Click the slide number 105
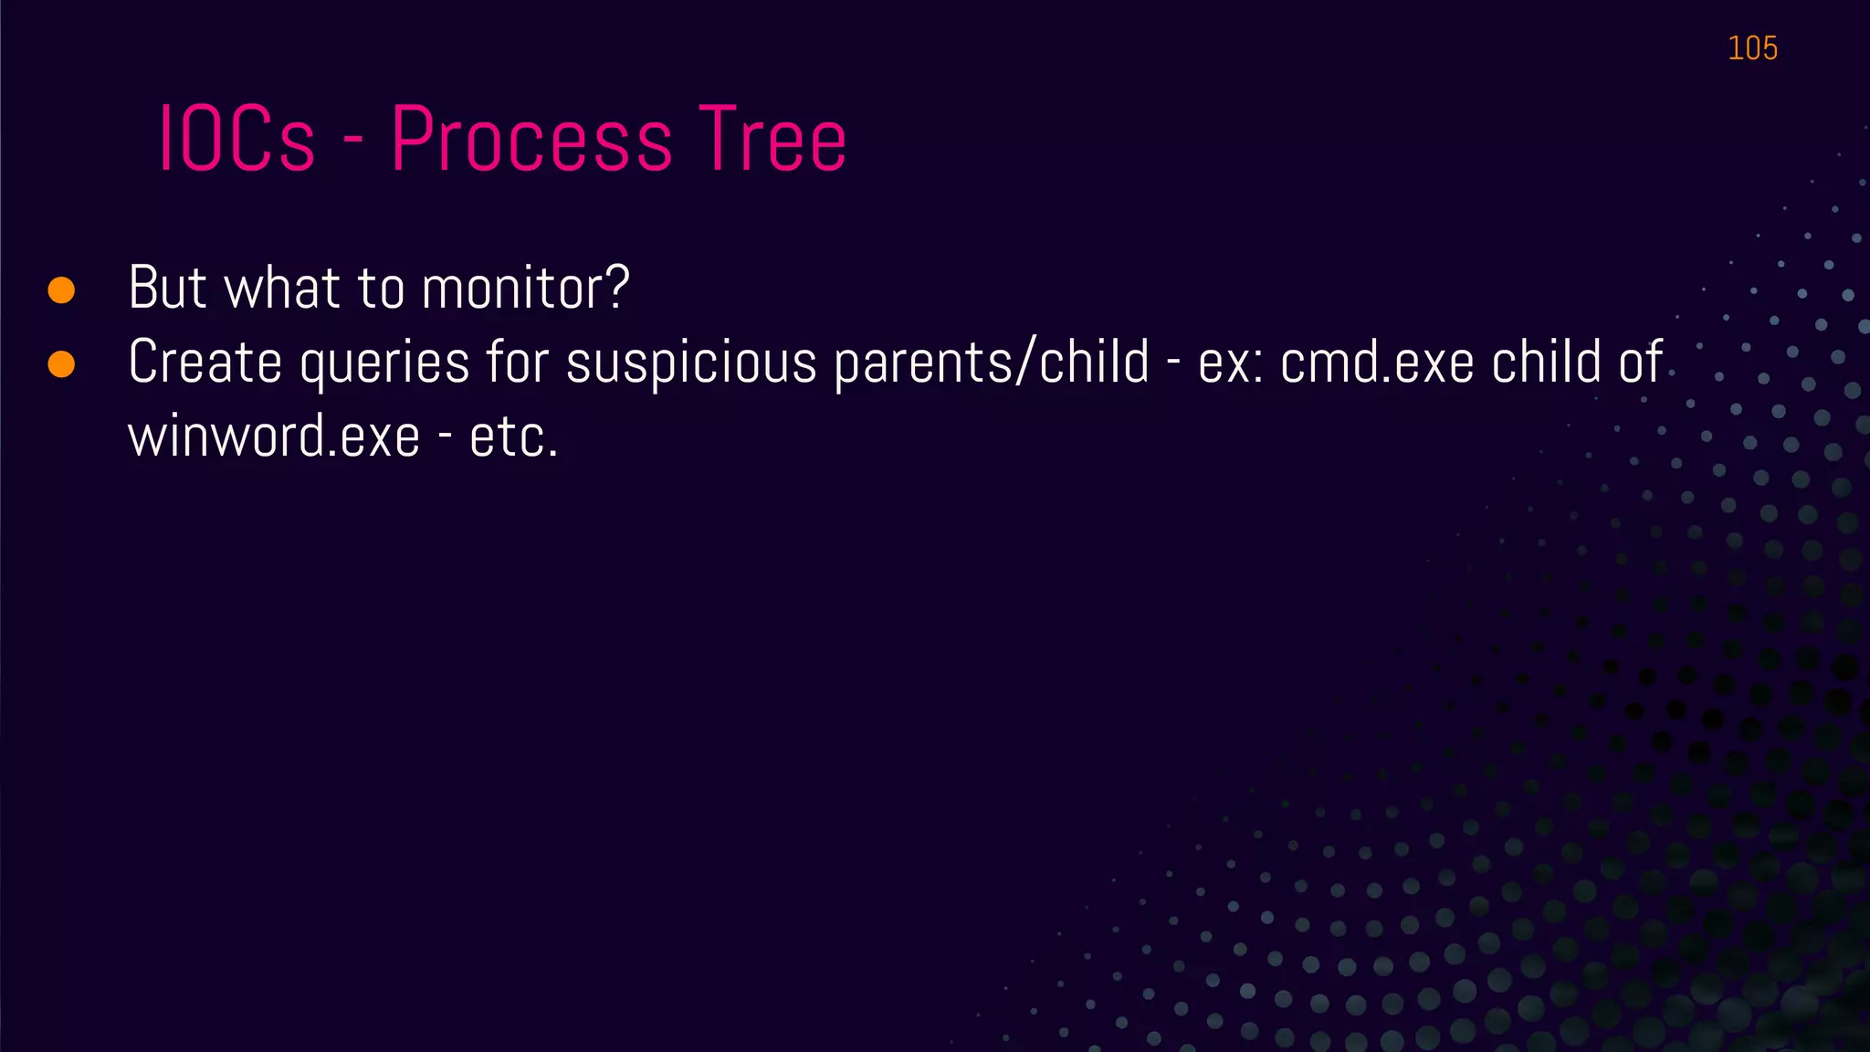[1751, 48]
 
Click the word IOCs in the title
[236, 140]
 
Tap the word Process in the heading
[531, 140]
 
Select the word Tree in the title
[772, 140]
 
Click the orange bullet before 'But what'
[61, 290]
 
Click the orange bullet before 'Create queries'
[61, 364]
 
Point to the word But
[167, 288]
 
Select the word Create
[205, 363]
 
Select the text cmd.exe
[1377, 363]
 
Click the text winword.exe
[273, 437]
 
